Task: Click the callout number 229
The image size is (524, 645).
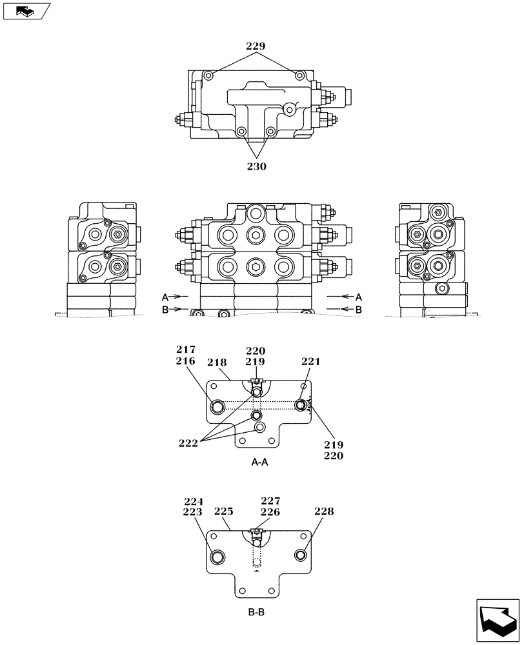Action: point(256,46)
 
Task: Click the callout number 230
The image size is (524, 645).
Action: point(256,166)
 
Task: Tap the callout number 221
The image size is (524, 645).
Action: point(310,362)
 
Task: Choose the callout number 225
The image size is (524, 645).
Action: point(223,512)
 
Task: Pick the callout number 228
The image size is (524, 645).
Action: point(325,511)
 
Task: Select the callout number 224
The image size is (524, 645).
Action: point(194,501)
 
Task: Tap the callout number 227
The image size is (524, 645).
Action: point(270,501)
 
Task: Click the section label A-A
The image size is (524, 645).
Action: point(259,462)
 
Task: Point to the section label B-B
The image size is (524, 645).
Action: point(256,612)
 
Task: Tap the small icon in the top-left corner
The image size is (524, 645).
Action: point(26,10)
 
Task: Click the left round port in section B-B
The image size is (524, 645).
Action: point(217,557)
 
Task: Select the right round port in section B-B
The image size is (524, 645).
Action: point(301,555)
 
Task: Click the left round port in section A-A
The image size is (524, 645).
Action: point(217,406)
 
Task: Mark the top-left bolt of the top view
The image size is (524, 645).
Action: point(207,76)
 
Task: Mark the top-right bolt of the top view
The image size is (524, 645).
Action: point(299,76)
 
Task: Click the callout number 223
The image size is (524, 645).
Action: point(194,512)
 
